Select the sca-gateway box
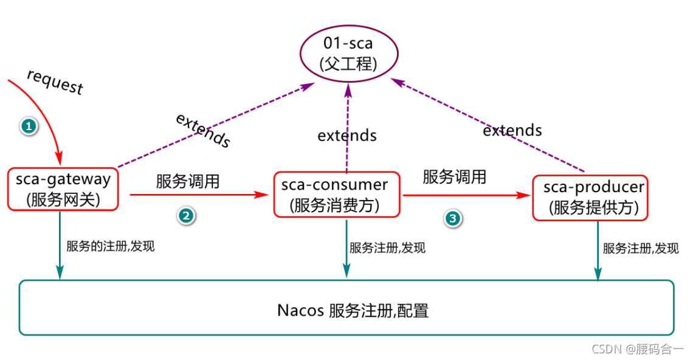pyautogui.click(x=63, y=189)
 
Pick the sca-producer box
pyautogui.click(x=590, y=198)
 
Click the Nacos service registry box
pyautogui.click(x=346, y=308)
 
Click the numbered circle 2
pyautogui.click(x=186, y=215)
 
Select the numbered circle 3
pyautogui.click(x=452, y=218)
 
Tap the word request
pyautogui.click(x=55, y=81)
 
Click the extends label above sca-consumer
pyautogui.click(x=347, y=135)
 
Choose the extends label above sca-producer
pyautogui.click(x=512, y=130)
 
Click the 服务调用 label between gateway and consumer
pyautogui.click(x=188, y=181)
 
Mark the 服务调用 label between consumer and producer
pyautogui.click(x=454, y=177)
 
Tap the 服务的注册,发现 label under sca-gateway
pyautogui.click(x=111, y=247)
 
